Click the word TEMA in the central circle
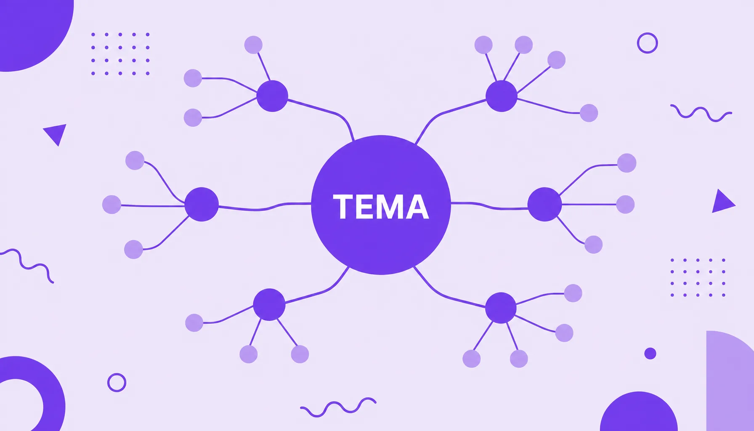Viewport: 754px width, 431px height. (x=381, y=207)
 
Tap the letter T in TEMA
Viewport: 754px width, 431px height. (x=343, y=207)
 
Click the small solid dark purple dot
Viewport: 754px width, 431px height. (x=650, y=354)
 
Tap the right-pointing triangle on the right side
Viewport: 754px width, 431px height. (x=722, y=202)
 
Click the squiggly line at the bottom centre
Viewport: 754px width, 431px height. (x=338, y=407)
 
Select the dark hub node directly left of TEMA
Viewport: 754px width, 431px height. (x=202, y=204)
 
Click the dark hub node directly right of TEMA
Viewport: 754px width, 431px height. (x=544, y=204)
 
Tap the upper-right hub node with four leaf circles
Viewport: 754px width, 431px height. (x=502, y=96)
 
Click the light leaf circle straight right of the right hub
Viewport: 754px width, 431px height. (x=625, y=204)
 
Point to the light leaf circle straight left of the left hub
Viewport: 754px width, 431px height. (x=112, y=205)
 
